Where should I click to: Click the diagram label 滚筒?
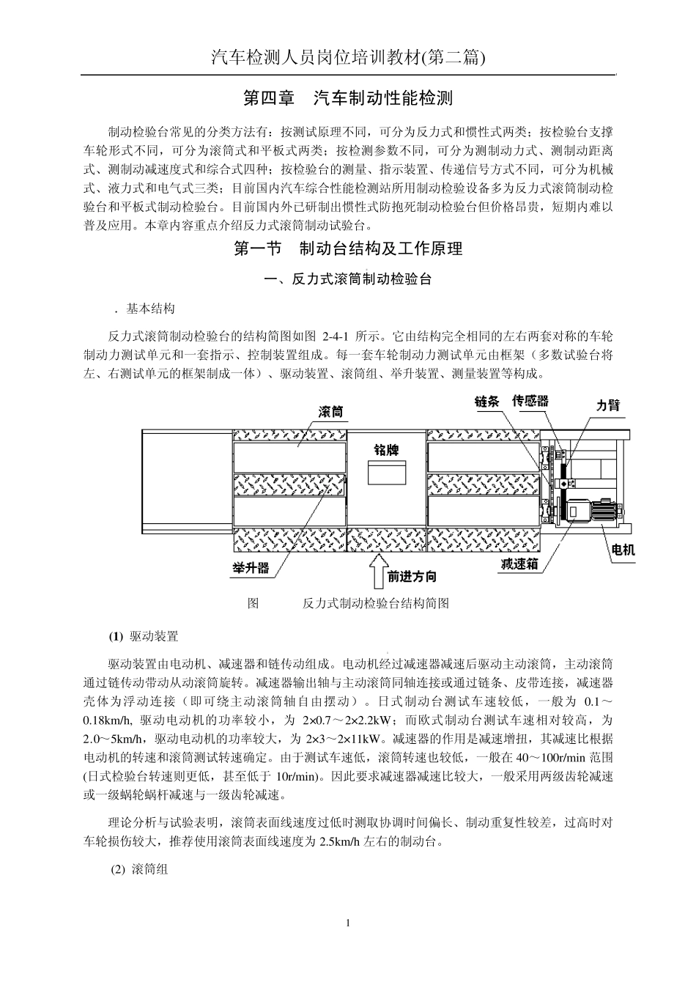pyautogui.click(x=331, y=413)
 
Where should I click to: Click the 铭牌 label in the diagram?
pyautogui.click(x=386, y=449)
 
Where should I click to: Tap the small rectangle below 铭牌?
pyautogui.click(x=385, y=473)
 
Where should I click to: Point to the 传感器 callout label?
pyautogui.click(x=530, y=401)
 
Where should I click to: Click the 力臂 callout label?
pyautogui.click(x=608, y=405)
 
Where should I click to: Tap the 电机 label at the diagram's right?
pyautogui.click(x=623, y=550)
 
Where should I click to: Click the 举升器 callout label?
pyautogui.click(x=251, y=568)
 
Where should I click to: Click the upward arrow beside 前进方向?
pyautogui.click(x=379, y=572)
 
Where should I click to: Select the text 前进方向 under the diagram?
pyautogui.click(x=412, y=577)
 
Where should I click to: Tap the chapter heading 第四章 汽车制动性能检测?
pyautogui.click(x=348, y=97)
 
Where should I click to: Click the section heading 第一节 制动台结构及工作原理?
pyautogui.click(x=348, y=249)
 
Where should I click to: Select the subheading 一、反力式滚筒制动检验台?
pyautogui.click(x=348, y=279)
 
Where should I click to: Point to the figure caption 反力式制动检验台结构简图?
pyautogui.click(x=375, y=604)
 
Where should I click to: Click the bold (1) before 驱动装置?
pyautogui.click(x=116, y=636)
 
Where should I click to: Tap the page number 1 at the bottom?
pyautogui.click(x=348, y=923)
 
